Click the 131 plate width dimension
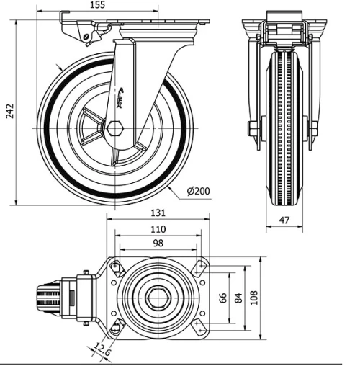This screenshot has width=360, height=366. point(158,214)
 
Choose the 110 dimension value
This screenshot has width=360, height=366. point(158,229)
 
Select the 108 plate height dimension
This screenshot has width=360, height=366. point(254,297)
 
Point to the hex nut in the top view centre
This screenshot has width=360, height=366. point(158,298)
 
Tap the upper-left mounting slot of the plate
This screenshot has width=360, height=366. point(116,268)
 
